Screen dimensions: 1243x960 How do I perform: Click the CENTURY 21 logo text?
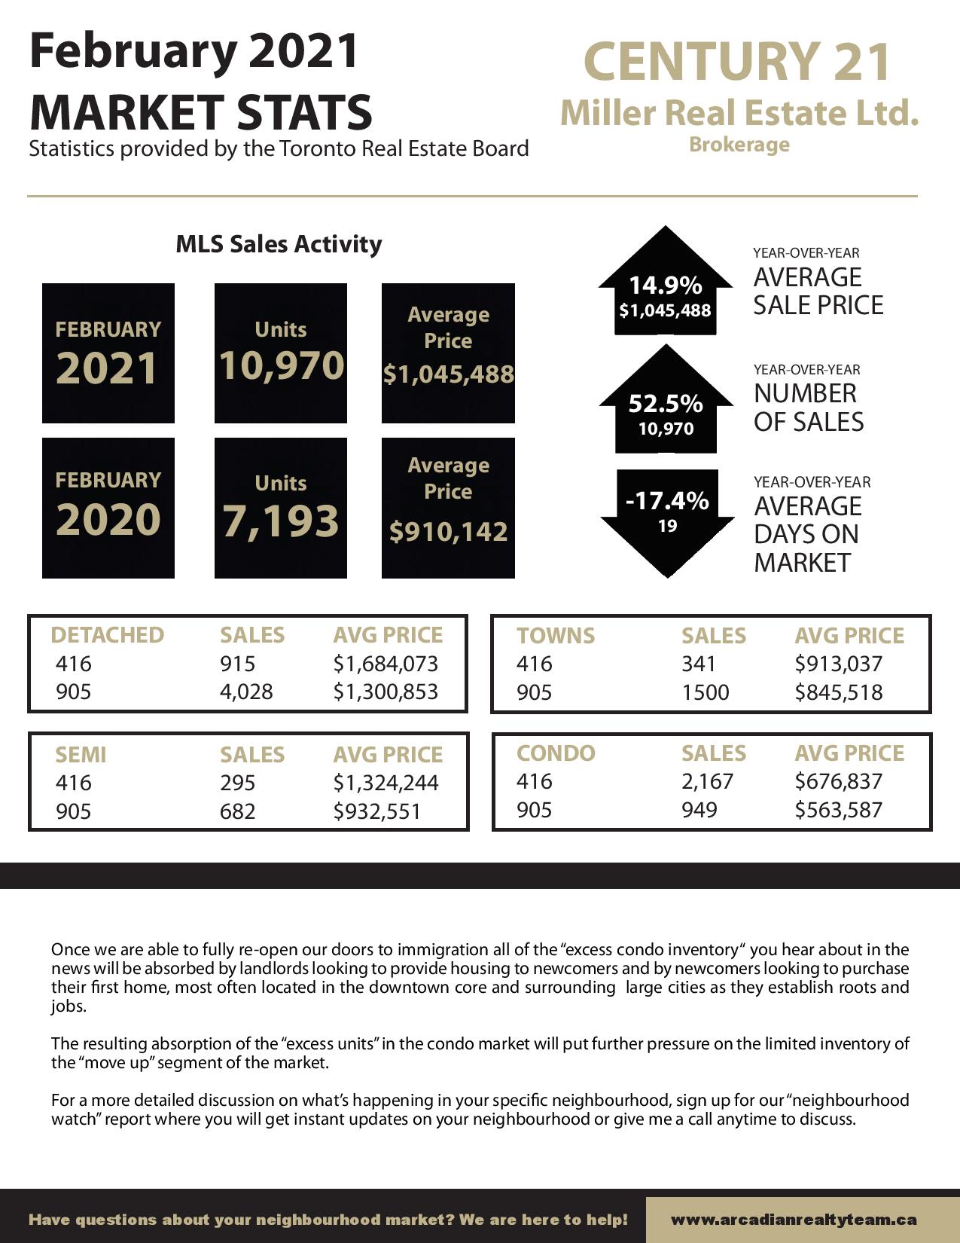(737, 62)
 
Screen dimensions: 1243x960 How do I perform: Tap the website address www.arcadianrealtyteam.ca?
(794, 1219)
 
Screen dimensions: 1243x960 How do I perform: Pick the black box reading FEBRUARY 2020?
(108, 508)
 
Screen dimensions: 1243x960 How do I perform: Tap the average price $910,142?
(449, 532)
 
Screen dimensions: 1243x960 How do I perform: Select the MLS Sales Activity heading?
(279, 244)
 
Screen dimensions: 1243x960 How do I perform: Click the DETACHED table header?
(107, 635)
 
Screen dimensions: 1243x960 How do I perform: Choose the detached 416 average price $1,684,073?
(386, 664)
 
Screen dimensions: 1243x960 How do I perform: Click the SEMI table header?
(81, 754)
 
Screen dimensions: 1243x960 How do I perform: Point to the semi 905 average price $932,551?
(377, 811)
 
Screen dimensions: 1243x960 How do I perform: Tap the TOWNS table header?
(556, 636)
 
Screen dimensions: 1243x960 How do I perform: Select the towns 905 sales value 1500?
(706, 692)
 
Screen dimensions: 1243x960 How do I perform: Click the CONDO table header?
(556, 753)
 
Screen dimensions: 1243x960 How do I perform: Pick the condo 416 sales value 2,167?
(707, 781)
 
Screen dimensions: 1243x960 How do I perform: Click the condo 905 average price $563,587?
(838, 810)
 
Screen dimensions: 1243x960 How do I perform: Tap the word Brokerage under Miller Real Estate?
(739, 145)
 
